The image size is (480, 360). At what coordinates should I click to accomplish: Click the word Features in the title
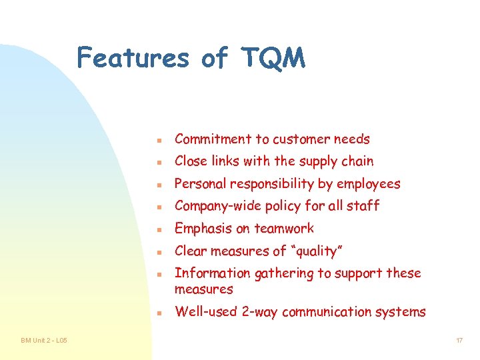point(133,58)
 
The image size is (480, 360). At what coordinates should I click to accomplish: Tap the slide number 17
point(459,341)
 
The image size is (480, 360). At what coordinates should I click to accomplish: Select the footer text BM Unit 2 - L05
point(43,341)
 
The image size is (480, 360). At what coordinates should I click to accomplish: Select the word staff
point(363,206)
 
